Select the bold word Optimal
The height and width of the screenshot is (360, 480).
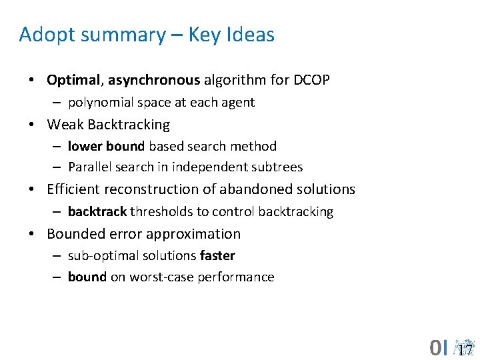pyautogui.click(x=72, y=81)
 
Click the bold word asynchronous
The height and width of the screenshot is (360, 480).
pyautogui.click(x=154, y=81)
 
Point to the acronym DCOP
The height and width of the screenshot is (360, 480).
pyautogui.click(x=311, y=81)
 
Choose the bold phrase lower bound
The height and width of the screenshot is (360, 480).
pyautogui.click(x=106, y=146)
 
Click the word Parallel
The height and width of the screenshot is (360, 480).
pyautogui.click(x=89, y=167)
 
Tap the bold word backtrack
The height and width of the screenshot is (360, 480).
pyautogui.click(x=97, y=211)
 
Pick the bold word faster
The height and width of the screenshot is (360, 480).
pyautogui.click(x=217, y=255)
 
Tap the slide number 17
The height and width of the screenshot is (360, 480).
pyautogui.click(x=465, y=349)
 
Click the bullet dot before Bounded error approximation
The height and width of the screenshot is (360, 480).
pyautogui.click(x=33, y=234)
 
